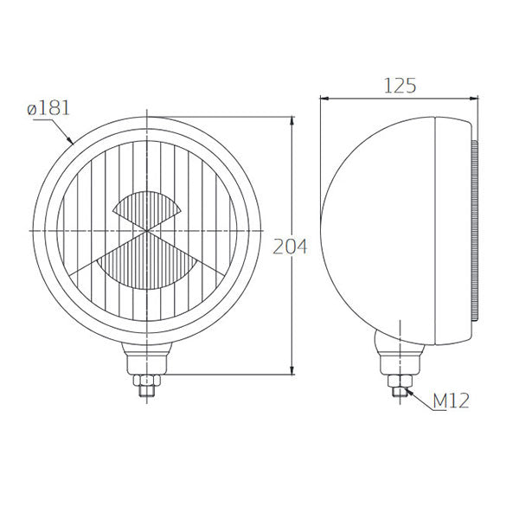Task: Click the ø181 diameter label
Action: (x=48, y=109)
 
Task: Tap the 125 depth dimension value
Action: (x=400, y=85)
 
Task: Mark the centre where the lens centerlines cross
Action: (x=148, y=232)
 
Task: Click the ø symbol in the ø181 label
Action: (x=31, y=110)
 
